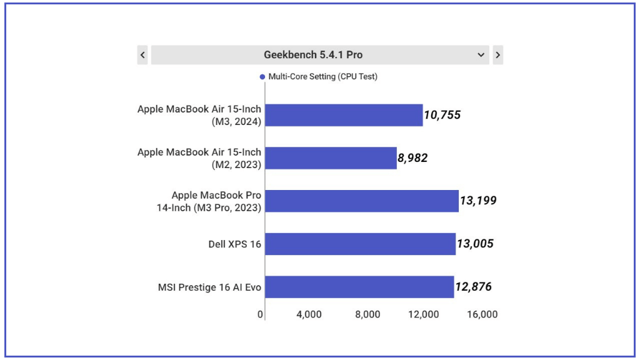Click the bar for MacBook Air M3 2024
pyautogui.click(x=344, y=115)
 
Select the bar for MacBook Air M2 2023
pyautogui.click(x=331, y=158)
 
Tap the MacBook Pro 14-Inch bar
pyautogui.click(x=361, y=201)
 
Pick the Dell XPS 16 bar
pyautogui.click(x=360, y=244)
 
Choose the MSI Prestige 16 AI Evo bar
pyautogui.click(x=359, y=287)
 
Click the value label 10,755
pyautogui.click(x=442, y=115)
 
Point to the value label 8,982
pyautogui.click(x=412, y=158)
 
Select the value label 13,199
pyautogui.click(x=478, y=201)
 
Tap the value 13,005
pyautogui.click(x=475, y=244)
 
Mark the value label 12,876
pyautogui.click(x=473, y=287)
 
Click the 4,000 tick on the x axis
pyautogui.click(x=309, y=314)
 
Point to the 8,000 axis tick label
pyautogui.click(x=367, y=314)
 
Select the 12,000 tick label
pyautogui.click(x=424, y=314)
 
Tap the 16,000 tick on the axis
pyautogui.click(x=482, y=314)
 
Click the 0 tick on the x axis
pyautogui.click(x=260, y=314)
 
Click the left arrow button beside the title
pyautogui.click(x=142, y=55)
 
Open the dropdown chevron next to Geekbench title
pyautogui.click(x=481, y=55)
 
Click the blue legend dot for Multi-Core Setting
pyautogui.click(x=262, y=77)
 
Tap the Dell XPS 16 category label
pyautogui.click(x=235, y=244)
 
